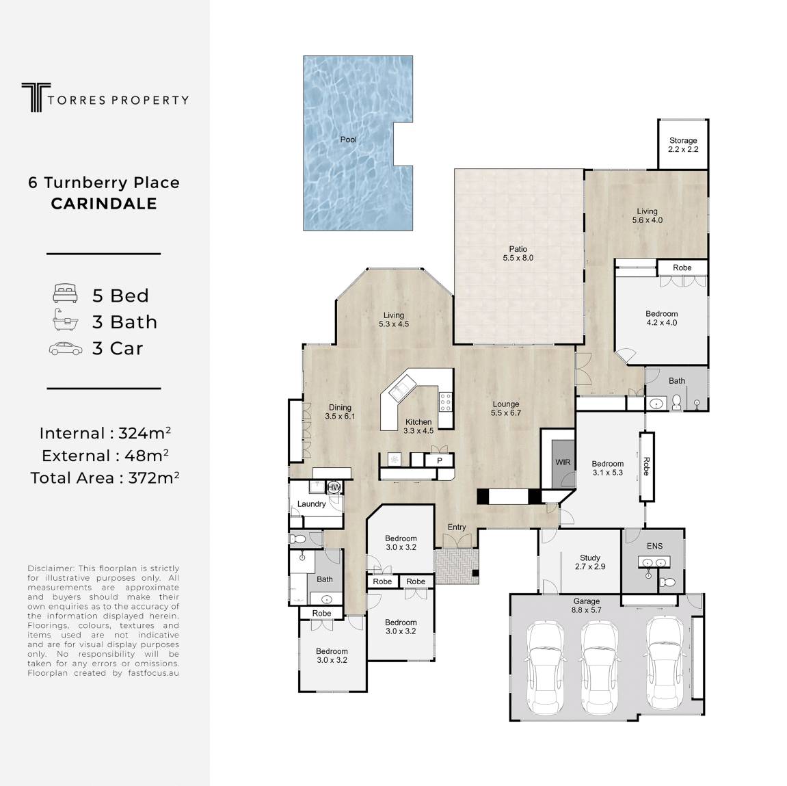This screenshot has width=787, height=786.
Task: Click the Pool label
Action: pos(348,140)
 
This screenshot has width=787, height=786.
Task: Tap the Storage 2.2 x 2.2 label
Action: pos(683,144)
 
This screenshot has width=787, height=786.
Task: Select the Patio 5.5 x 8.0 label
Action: pos(518,253)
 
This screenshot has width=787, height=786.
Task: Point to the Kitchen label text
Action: pos(418,422)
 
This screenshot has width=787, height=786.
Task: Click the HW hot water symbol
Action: pos(334,486)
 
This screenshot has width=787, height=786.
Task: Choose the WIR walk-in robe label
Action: pos(563,462)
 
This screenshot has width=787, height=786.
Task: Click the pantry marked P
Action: pos(440,460)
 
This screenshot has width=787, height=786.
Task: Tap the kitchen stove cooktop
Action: pos(445,402)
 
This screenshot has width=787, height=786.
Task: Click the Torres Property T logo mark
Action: pos(36,97)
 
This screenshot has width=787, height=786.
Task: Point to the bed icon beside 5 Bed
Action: pos(65,293)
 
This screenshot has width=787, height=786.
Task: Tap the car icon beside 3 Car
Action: pos(66,349)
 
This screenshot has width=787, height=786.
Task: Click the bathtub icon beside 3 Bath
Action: pos(65,320)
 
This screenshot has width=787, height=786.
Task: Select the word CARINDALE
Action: pos(104,203)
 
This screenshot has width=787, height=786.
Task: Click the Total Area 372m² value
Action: pos(154,477)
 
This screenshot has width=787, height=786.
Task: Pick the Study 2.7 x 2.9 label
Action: pos(590,562)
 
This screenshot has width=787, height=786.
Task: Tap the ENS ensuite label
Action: pos(654,546)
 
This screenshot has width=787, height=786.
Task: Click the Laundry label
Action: pos(312,503)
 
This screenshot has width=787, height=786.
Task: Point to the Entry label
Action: pos(457,527)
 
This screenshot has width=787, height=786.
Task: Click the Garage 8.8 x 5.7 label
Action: pos(586,605)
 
